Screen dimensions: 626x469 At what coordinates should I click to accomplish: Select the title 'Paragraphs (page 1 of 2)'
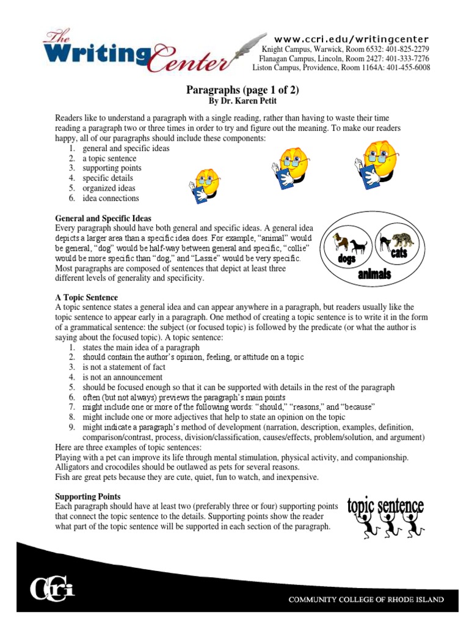pyautogui.click(x=242, y=90)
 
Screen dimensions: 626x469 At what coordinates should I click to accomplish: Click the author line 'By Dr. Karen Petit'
pyautogui.click(x=242, y=100)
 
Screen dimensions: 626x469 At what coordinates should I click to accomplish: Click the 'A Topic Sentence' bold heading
pyautogui.click(x=86, y=296)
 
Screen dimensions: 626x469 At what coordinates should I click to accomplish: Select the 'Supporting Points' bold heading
pyautogui.click(x=88, y=496)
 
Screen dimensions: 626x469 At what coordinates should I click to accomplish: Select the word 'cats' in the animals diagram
pyautogui.click(x=400, y=252)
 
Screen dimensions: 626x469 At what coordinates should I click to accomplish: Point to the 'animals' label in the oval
pyautogui.click(x=374, y=274)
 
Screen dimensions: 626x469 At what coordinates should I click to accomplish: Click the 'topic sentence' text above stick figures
pyautogui.click(x=385, y=506)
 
